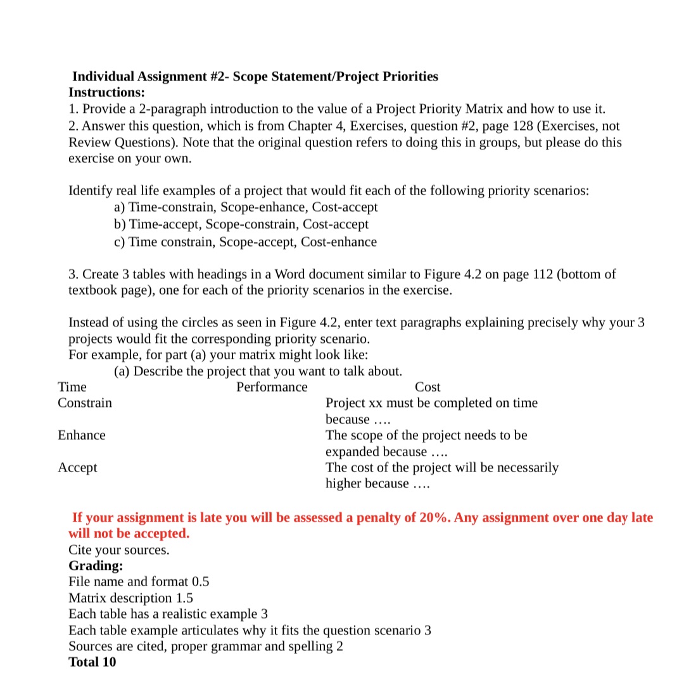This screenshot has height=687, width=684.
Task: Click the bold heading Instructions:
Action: [106, 93]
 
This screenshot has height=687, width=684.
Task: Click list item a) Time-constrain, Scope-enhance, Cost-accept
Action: [246, 207]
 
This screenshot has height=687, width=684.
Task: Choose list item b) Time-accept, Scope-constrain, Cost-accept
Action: [241, 224]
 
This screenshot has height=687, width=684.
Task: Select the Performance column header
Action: [272, 387]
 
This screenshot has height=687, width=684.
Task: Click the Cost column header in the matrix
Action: [427, 387]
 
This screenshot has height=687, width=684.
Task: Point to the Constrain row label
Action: [85, 403]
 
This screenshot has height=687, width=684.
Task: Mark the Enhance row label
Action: [82, 435]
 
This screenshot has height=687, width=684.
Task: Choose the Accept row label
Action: [78, 468]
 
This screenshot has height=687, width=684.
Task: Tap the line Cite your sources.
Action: [119, 549]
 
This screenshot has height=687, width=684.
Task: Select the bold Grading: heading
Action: [96, 565]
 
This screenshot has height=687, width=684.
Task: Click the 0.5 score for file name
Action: [200, 582]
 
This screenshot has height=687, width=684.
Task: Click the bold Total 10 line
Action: [92, 662]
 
